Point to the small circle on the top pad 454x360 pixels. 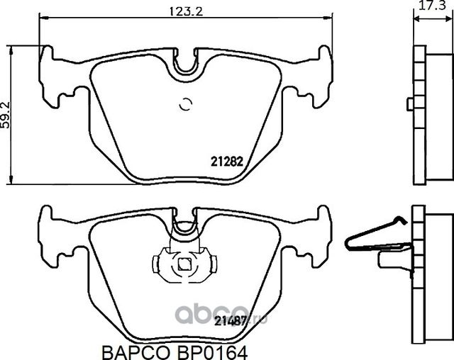tap(186, 104)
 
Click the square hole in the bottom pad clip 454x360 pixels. tap(184, 265)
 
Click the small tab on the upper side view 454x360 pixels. tap(409, 105)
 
